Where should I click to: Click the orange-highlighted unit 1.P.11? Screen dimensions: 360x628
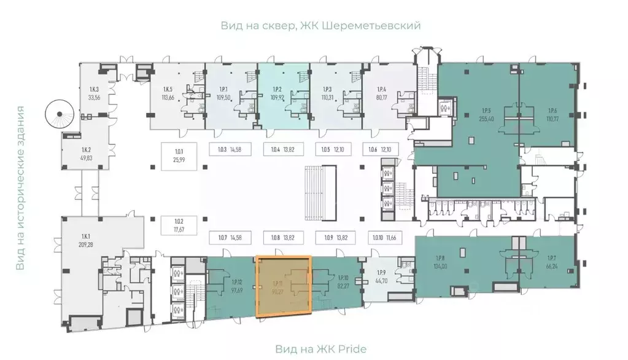pos(283,286)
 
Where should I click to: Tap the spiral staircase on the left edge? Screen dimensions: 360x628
pos(60,115)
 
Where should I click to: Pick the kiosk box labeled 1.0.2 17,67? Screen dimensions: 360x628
pos(179,226)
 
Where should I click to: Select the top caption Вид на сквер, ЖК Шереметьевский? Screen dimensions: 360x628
pos(321,26)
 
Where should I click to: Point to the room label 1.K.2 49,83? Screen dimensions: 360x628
pos(86,154)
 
